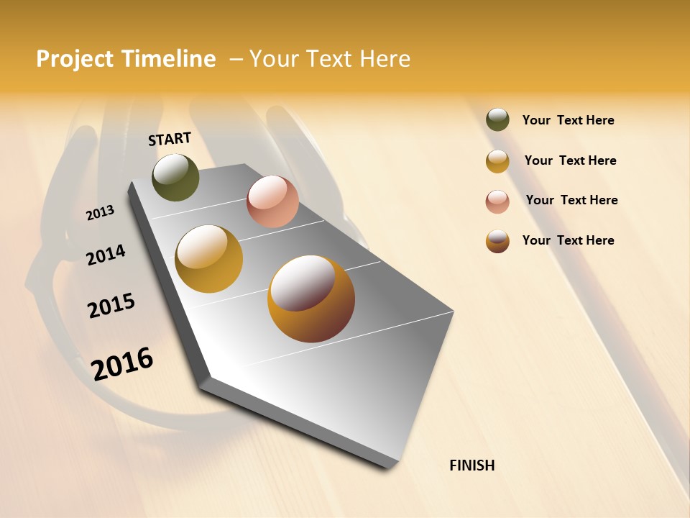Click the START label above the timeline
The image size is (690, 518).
point(170,139)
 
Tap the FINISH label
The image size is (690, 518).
point(471,465)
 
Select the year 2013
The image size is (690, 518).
point(100,213)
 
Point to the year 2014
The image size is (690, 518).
point(106,255)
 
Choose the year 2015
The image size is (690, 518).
point(111,306)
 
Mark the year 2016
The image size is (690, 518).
point(122,363)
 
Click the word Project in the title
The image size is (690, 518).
point(75,59)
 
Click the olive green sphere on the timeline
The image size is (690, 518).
point(175,177)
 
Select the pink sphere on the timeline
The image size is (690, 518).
point(272,201)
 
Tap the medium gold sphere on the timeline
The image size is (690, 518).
point(209,259)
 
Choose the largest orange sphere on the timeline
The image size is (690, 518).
point(311,299)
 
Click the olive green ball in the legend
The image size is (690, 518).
point(497,119)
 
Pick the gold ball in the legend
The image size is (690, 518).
point(497,161)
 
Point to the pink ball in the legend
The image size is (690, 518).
point(497,201)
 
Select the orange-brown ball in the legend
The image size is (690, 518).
point(497,241)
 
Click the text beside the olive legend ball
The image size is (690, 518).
point(568,120)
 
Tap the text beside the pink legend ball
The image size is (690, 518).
point(571,200)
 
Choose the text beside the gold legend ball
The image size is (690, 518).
point(570,160)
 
